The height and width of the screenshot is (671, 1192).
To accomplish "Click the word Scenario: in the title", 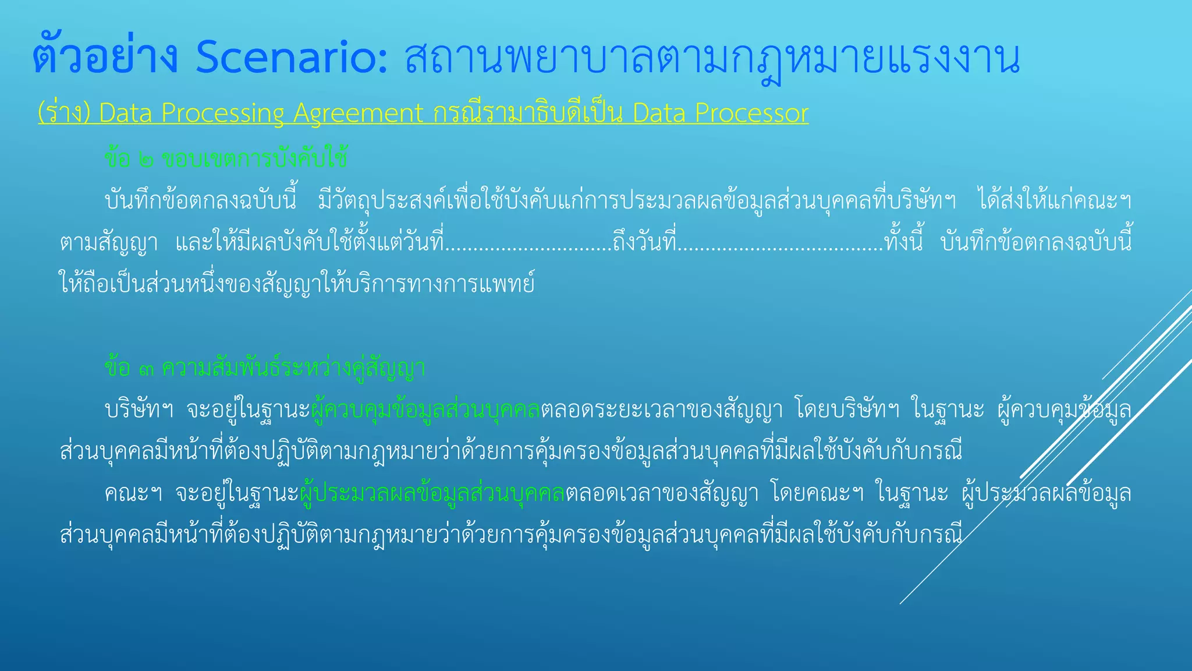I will point(291,58).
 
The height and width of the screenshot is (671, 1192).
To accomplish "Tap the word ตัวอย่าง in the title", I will point(105,58).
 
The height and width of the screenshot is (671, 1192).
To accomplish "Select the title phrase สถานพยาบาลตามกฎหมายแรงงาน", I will point(711,58).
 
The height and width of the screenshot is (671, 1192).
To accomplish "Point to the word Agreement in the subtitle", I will point(358,113).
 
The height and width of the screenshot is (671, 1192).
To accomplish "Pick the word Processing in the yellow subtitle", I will point(222,113).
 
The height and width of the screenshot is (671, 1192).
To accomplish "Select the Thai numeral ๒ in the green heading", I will point(146,159).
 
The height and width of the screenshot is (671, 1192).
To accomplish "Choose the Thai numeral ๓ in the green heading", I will point(146,369).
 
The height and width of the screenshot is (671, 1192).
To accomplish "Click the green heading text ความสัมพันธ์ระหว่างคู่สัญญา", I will point(293,369).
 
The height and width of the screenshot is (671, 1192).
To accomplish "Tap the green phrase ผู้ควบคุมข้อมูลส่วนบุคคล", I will point(426,409).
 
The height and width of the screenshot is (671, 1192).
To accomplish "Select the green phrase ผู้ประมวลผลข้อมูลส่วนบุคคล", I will point(432,493).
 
